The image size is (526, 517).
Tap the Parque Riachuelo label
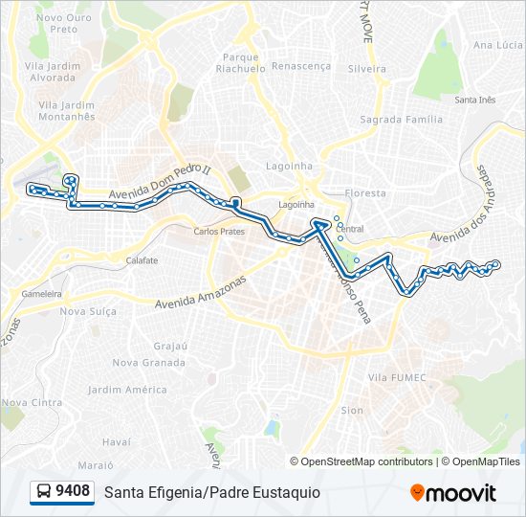[240, 63]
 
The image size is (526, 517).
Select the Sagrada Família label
[401, 120]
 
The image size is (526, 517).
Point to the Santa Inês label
[474, 100]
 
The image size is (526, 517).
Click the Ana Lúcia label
[497, 45]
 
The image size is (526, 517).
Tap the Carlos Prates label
[219, 232]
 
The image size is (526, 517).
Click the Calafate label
[142, 260]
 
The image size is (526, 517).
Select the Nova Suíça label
[87, 311]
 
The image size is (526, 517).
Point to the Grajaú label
[169, 346]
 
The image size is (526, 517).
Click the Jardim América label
[127, 390]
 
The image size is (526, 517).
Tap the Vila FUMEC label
[396, 378]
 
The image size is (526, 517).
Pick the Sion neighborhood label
[352, 410]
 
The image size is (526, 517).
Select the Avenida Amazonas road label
[201, 292]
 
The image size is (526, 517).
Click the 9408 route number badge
[62, 492]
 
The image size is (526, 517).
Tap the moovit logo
[453, 493]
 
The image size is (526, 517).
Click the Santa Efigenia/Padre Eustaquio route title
[212, 492]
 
